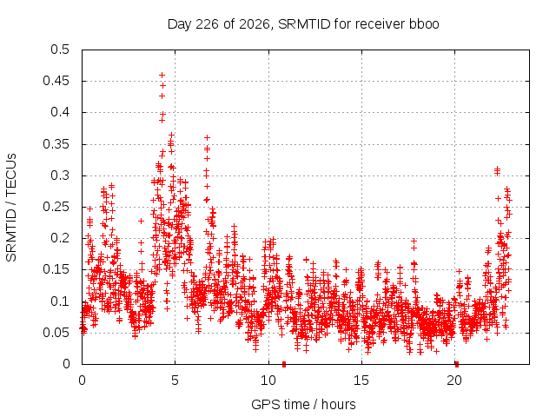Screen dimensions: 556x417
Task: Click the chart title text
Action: [x=303, y=24]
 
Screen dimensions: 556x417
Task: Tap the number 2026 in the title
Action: [x=255, y=24]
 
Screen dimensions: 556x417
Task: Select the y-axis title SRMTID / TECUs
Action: [x=11, y=208]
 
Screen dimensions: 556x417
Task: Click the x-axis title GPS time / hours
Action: [x=303, y=404]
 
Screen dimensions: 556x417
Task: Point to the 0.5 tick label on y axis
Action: [x=60, y=50]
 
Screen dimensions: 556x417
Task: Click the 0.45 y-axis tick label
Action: [x=56, y=81]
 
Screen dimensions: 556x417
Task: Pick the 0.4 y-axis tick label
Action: [x=60, y=112]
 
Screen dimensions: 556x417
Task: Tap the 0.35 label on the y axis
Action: [x=56, y=144]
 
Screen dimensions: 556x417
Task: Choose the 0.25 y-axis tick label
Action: [x=56, y=207]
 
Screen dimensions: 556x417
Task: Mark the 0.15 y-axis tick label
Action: [x=56, y=269]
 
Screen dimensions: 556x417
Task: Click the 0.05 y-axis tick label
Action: [x=56, y=333]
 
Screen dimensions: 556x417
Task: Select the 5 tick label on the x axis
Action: [x=175, y=381]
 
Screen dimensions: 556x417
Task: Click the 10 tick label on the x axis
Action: [x=268, y=381]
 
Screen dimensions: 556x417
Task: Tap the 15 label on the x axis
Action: [x=361, y=381]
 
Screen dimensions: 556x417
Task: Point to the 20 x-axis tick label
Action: [x=454, y=381]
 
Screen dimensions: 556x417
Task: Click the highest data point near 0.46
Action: [x=162, y=76]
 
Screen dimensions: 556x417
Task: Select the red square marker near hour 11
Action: [x=284, y=364]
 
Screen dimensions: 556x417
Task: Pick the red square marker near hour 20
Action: [x=457, y=364]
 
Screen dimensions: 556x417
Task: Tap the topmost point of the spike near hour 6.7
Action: [x=207, y=137]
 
